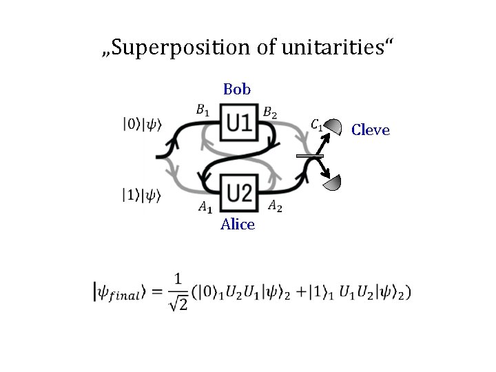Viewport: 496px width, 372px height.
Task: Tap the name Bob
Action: (x=237, y=90)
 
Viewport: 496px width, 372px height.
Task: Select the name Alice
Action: (x=238, y=225)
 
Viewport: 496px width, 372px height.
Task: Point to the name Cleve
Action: (x=371, y=130)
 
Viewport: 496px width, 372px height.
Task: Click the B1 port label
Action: (x=203, y=108)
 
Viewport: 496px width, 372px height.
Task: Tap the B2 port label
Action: (x=271, y=112)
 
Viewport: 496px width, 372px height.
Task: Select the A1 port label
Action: (x=205, y=206)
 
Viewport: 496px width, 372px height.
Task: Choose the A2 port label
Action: (x=274, y=204)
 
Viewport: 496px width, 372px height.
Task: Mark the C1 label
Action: (x=317, y=125)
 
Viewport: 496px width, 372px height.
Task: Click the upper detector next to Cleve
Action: (x=334, y=127)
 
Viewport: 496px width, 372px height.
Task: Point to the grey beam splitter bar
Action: (x=310, y=157)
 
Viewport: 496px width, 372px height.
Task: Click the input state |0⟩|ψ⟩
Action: (x=142, y=125)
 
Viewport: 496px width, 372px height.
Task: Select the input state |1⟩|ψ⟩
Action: (x=142, y=196)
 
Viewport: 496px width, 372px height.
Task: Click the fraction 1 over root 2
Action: (x=178, y=292)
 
